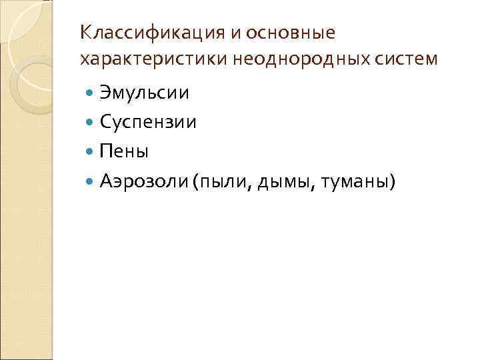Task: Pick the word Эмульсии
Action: tap(144, 92)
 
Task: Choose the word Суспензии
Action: tap(147, 121)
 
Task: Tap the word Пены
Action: tap(123, 151)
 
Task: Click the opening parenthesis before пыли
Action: tap(193, 181)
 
